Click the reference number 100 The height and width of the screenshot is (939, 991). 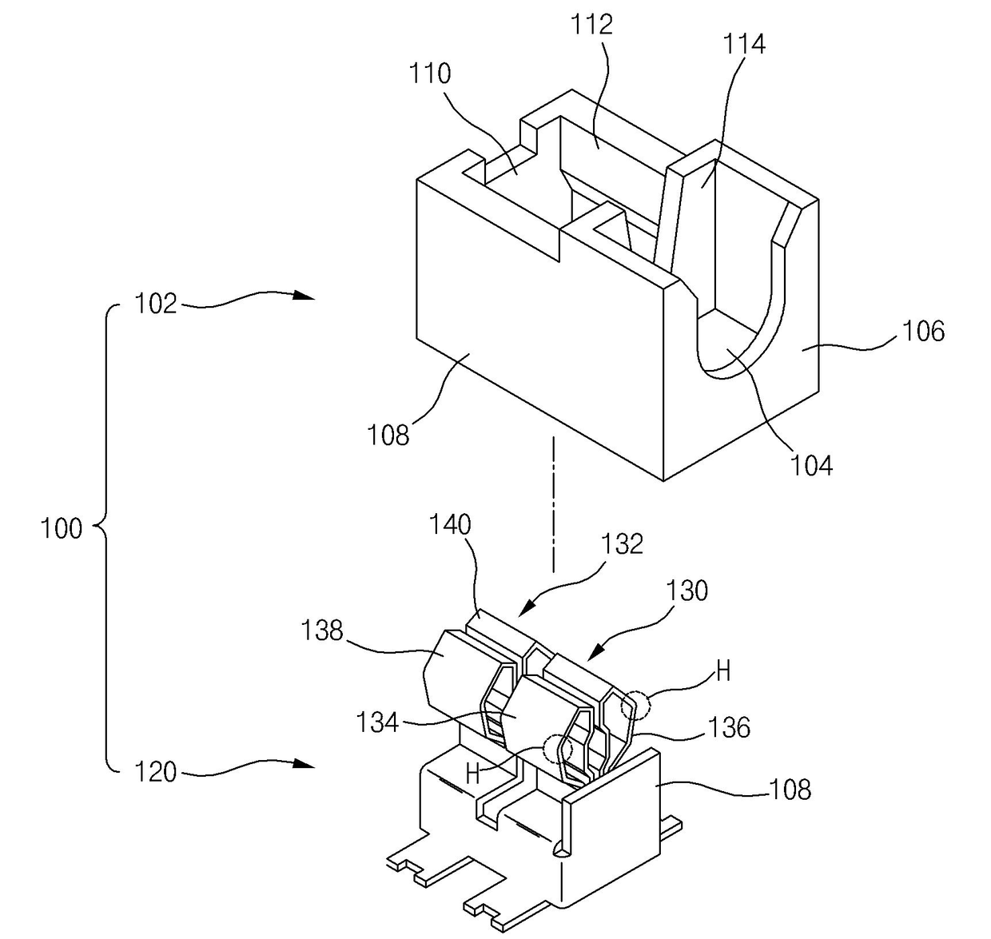tap(62, 528)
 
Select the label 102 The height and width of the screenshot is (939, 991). tap(155, 304)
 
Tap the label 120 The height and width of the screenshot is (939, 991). tap(155, 773)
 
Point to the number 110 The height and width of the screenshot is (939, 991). tap(430, 74)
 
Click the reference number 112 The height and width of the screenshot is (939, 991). tap(592, 25)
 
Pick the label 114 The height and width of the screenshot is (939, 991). tap(744, 43)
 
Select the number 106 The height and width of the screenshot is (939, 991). tap(923, 331)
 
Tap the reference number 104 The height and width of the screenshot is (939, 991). tap(811, 465)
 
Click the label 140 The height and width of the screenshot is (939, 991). tap(451, 525)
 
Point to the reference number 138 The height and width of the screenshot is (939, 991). tap(322, 631)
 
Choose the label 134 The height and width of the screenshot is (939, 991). tap(378, 722)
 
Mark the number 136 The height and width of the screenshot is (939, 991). tap(729, 726)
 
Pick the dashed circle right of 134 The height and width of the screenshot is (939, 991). tap(557, 749)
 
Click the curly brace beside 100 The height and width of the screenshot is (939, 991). tap(105, 528)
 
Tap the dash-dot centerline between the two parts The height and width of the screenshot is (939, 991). tap(552, 503)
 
